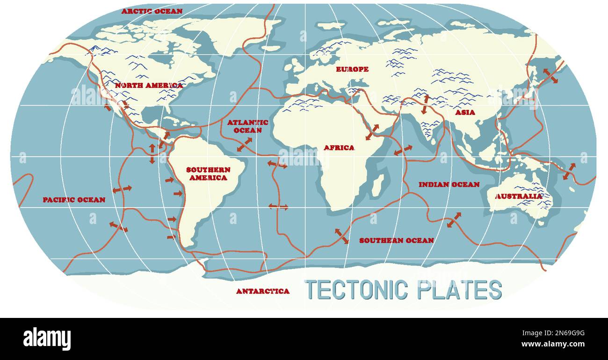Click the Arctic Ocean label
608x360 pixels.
point(152,11)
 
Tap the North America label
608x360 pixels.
point(149,86)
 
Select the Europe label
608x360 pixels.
point(352,69)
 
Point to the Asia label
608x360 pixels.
point(465,112)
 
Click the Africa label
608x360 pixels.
point(339,148)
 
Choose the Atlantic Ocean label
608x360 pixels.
point(248,126)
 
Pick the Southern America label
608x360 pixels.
point(208,173)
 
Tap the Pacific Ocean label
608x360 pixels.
point(74,200)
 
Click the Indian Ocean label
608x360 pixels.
point(449,185)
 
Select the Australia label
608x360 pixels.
point(519,196)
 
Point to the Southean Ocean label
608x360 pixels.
point(396,240)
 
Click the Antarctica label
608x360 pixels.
point(262,291)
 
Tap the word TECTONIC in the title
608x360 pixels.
point(355,290)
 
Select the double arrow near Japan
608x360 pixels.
point(550,76)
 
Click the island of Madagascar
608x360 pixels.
point(378,185)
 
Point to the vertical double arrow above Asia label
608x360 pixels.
point(425,104)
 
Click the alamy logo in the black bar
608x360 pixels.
point(47,339)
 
